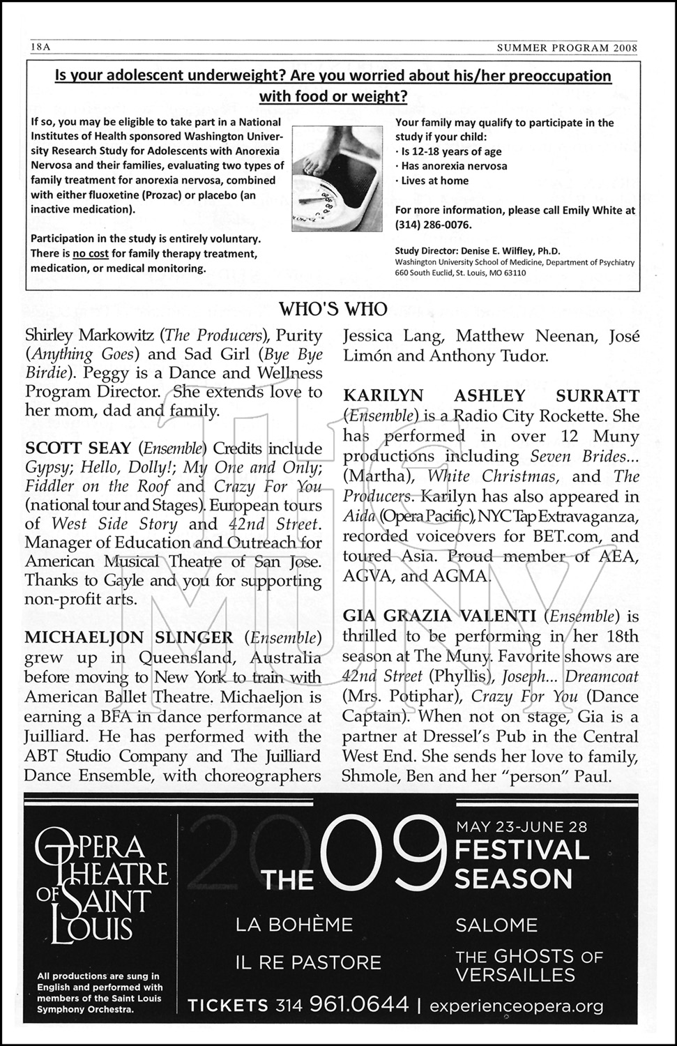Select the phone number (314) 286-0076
433,225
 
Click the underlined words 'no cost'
89,254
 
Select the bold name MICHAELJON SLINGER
129,637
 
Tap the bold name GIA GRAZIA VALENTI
439,616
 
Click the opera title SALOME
496,925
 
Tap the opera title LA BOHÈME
294,925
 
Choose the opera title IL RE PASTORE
308,962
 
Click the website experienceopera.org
516,1006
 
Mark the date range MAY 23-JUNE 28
521,827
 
